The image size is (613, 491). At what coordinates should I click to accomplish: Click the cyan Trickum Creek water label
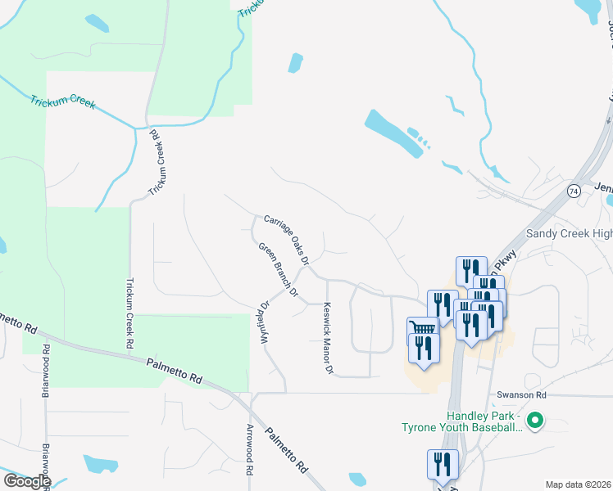[x=63, y=103]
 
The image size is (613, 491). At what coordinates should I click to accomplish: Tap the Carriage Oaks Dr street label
[x=285, y=239]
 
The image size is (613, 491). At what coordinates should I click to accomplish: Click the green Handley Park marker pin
[x=535, y=421]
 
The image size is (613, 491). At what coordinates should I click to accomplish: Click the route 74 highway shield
[x=573, y=190]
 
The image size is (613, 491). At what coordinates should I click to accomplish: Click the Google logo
[x=26, y=480]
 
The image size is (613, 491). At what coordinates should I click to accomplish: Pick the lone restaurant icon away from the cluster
[x=442, y=463]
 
